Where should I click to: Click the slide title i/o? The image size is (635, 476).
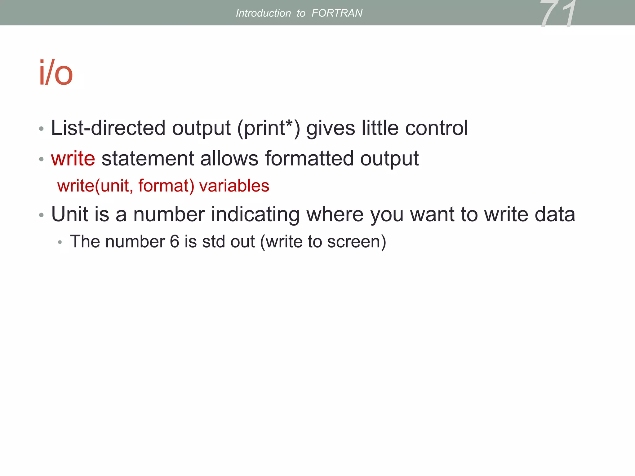[56, 73]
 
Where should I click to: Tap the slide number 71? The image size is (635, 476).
[558, 14]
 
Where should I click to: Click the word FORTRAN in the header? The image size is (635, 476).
[337, 13]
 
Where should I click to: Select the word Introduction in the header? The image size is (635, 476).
[263, 13]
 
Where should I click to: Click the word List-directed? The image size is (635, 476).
[108, 128]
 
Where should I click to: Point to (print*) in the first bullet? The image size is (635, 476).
[269, 128]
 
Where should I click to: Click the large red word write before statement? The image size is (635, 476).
[73, 158]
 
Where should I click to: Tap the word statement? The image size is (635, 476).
[147, 158]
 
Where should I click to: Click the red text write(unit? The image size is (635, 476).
[95, 186]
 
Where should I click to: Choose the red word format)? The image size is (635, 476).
[166, 186]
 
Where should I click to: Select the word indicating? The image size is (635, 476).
[255, 215]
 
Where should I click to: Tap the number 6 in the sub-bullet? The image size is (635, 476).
[175, 242]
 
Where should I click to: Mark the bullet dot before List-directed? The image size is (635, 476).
[41, 129]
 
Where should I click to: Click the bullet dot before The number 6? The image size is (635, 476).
[60, 242]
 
